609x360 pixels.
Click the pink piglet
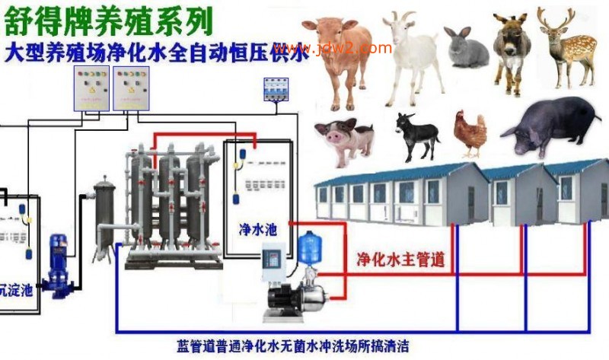pyautogui.click(x=344, y=139)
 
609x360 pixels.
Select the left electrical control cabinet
pyautogui.click(x=91, y=88)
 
